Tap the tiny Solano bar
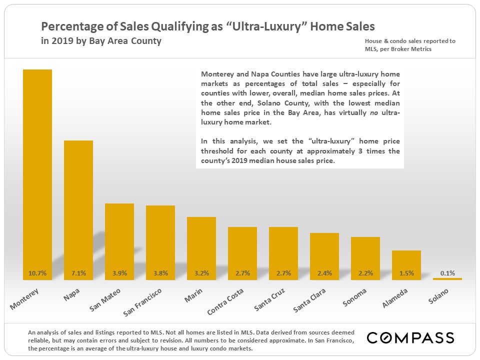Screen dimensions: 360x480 point(447,279)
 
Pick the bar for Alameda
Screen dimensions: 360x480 point(406,262)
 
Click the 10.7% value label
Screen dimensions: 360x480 point(37,273)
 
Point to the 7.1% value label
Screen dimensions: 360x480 point(78,273)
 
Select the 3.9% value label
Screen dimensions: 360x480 point(119,273)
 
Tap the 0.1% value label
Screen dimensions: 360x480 point(447,273)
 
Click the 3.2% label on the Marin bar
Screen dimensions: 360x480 point(201,273)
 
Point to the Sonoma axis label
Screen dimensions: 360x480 point(355,297)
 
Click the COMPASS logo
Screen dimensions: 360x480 point(410,338)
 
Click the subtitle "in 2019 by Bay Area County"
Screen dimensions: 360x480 point(101,41)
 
